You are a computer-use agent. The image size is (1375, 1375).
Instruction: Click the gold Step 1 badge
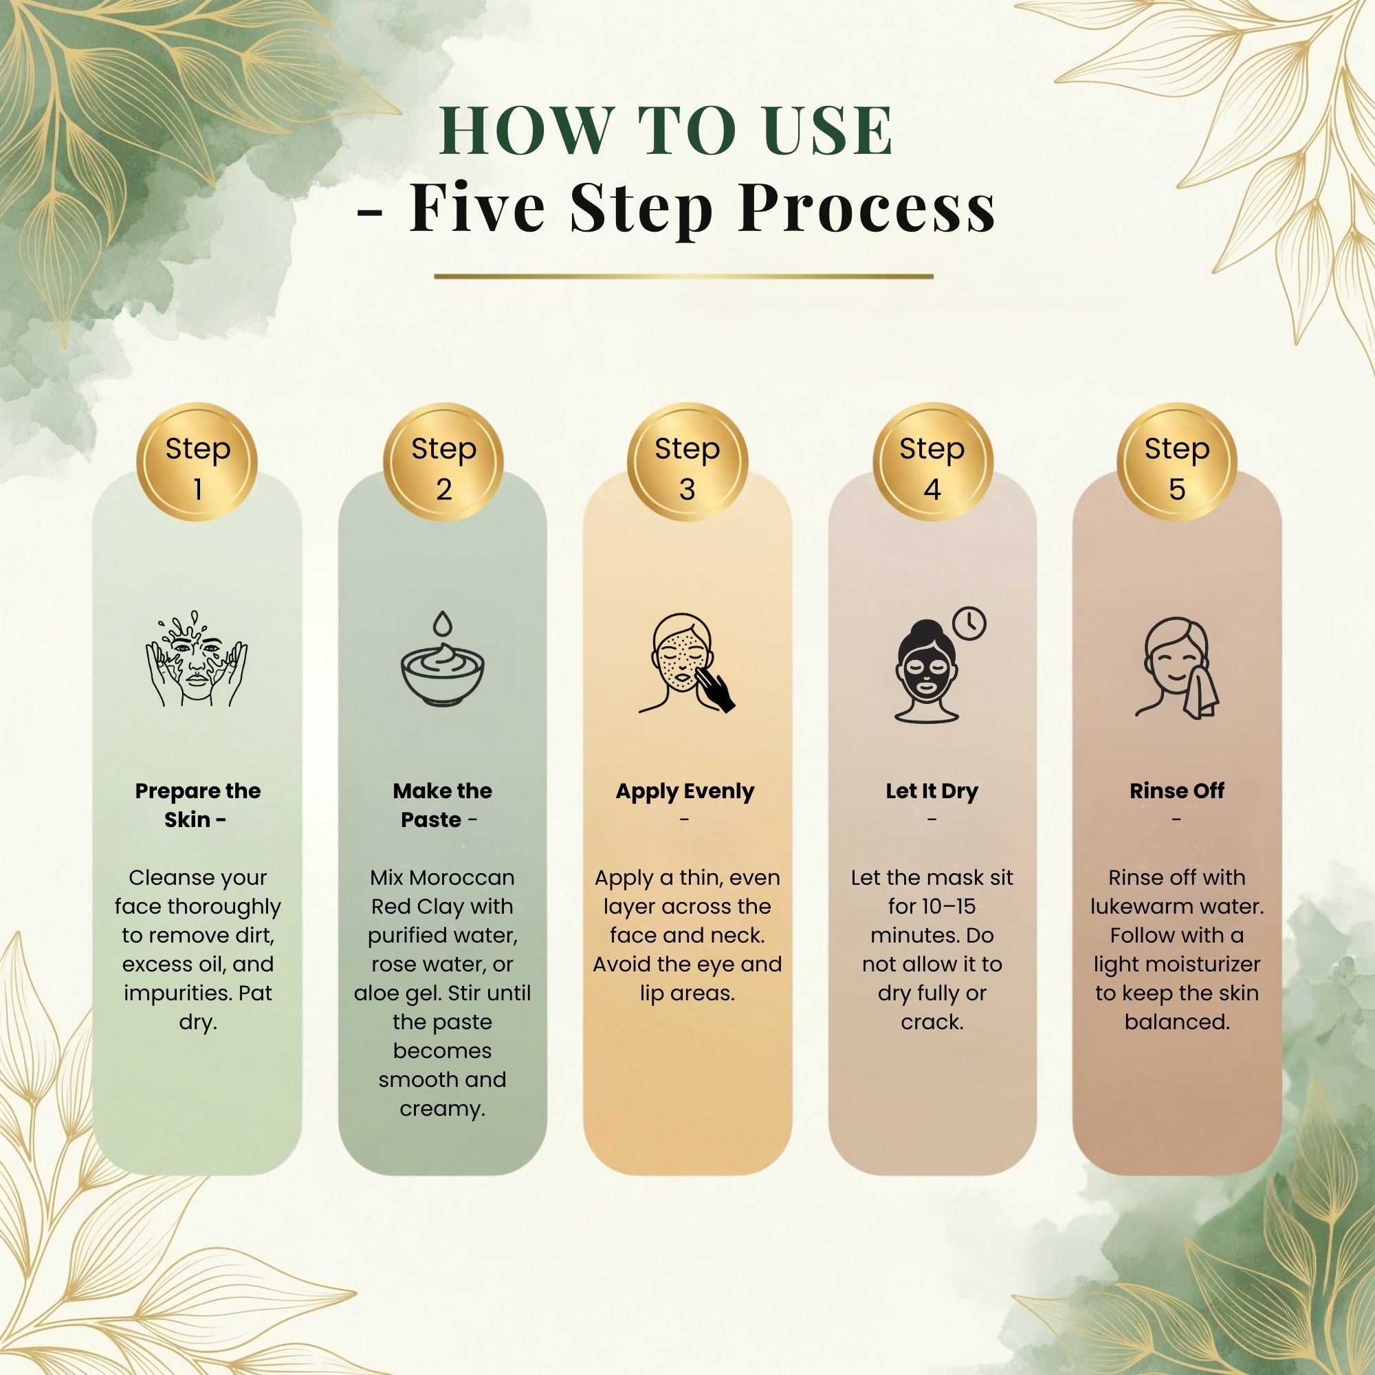pos(197,463)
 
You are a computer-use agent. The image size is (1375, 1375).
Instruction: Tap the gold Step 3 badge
pos(687,463)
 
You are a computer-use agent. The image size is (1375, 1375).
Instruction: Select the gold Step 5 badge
pos(1176,463)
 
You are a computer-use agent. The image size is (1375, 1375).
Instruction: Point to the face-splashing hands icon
pos(197,659)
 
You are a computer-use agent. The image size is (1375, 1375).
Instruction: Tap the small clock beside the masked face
pos(969,624)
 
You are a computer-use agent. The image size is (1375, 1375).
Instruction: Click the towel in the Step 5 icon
pos(1201,687)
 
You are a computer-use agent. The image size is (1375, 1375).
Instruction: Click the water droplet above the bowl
pos(443,624)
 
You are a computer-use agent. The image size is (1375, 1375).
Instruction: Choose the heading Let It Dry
pos(932,791)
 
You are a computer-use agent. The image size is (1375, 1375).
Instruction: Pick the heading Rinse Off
pos(1176,791)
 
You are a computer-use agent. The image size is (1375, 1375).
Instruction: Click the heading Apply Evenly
pos(685,791)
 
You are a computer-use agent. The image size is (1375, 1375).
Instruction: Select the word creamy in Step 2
pos(442,1109)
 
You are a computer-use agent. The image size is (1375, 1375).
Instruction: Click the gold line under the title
pos(683,276)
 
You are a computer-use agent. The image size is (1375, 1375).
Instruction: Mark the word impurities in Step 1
pos(177,993)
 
